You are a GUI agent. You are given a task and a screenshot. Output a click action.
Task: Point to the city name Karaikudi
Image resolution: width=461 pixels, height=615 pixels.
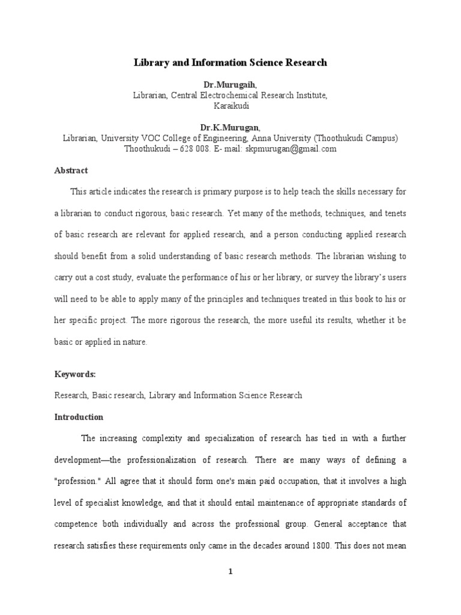pyautogui.click(x=231, y=106)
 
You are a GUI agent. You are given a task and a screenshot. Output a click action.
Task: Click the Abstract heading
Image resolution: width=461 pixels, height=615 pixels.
pyautogui.click(x=71, y=171)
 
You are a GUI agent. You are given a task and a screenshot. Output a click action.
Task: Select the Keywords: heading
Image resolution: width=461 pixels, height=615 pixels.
pyautogui.click(x=75, y=374)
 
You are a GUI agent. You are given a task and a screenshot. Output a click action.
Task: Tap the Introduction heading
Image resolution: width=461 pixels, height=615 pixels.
pyautogui.click(x=79, y=417)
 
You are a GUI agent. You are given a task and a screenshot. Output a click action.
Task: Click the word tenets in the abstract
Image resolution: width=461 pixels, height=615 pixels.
pyautogui.click(x=394, y=213)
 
